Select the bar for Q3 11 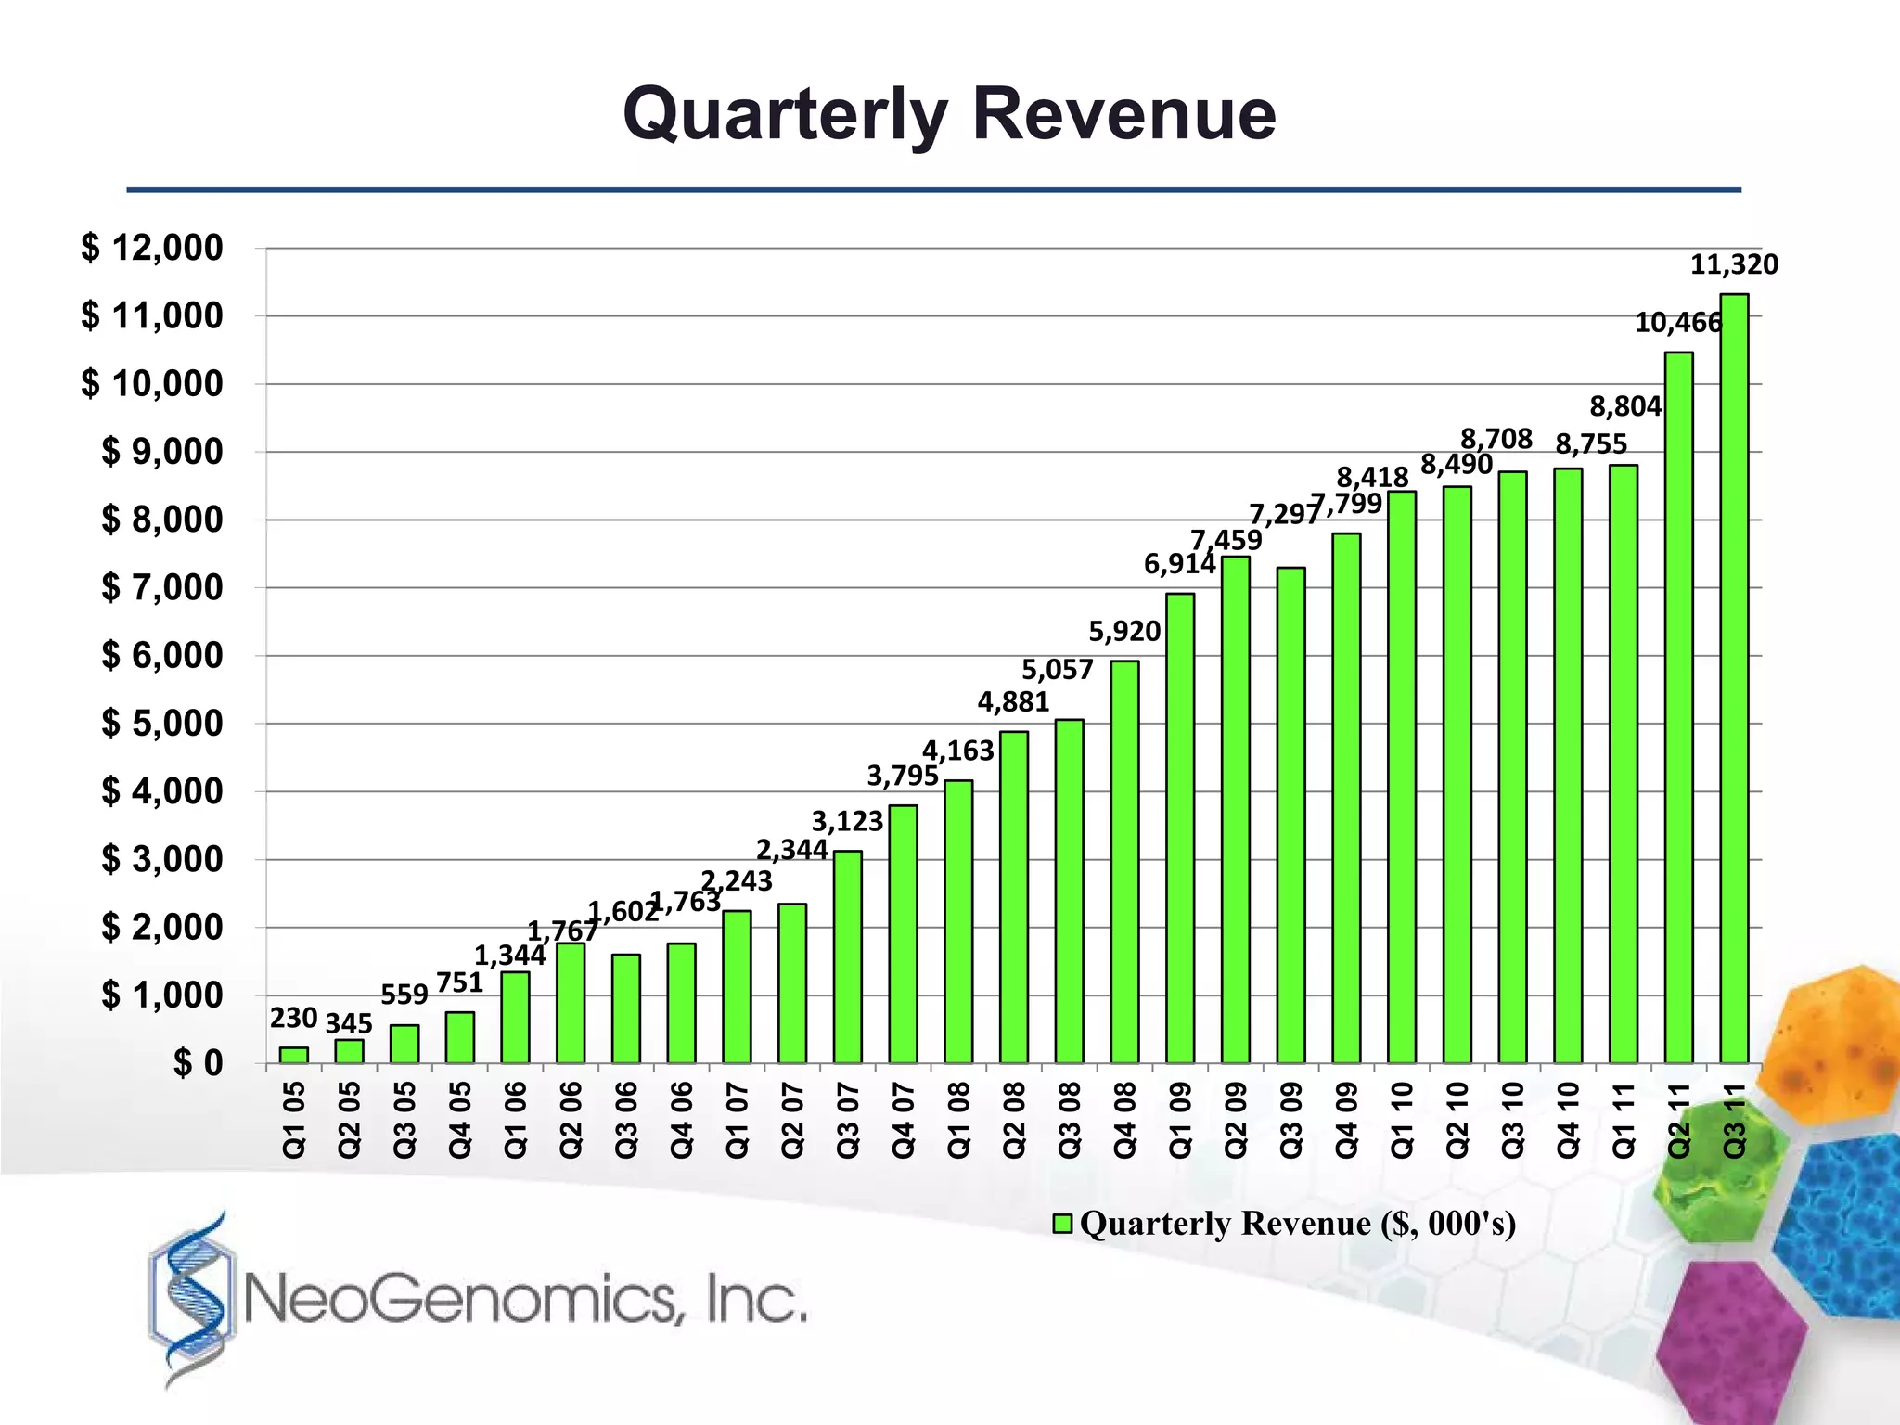(1734, 677)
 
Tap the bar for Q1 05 (293, 1055)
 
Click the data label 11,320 (1734, 265)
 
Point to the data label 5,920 (1124, 632)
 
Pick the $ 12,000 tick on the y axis (152, 249)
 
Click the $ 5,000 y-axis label (162, 724)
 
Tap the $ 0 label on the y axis (199, 1063)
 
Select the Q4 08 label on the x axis (1124, 1120)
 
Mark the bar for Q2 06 (571, 1002)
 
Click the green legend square (1063, 1224)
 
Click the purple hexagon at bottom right (1731, 1336)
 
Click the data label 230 (293, 1019)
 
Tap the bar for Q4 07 (903, 933)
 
